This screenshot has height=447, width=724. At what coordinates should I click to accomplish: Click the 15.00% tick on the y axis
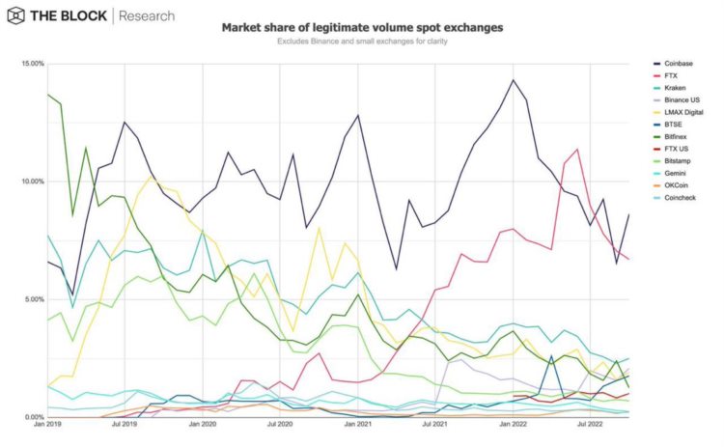pos(32,64)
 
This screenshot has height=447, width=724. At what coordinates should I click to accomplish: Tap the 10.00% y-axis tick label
pos(32,182)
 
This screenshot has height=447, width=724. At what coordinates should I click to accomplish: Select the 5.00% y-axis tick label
pos(34,299)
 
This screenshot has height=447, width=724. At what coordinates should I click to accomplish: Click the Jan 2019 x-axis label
pos(46,424)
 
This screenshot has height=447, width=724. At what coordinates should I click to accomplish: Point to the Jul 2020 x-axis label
pos(281,424)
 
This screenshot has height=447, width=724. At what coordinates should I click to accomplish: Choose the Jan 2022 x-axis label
pos(514,424)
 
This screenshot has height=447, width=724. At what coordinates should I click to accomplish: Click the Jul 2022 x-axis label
pos(591,424)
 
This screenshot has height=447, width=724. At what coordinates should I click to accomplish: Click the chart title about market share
pos(362,28)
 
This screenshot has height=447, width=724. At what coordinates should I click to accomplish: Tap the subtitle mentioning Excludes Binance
pos(362,42)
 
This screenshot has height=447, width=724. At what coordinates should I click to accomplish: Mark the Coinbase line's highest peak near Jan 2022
pos(514,80)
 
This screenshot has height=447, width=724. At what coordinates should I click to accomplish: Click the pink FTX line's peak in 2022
pos(577,150)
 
